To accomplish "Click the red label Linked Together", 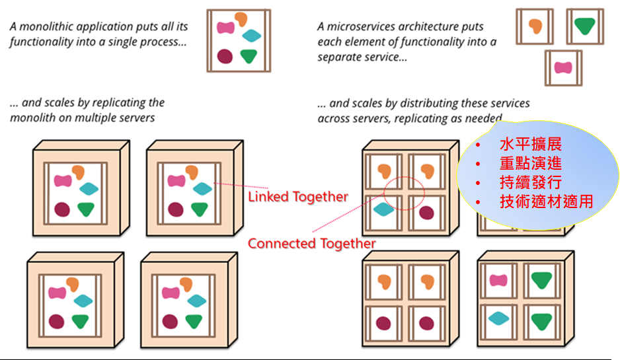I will tap(297, 196).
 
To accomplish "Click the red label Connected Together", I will tap(311, 243).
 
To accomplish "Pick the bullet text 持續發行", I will tap(531, 182).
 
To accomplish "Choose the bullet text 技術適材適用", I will tap(546, 201).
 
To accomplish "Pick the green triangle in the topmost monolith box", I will tap(249, 56).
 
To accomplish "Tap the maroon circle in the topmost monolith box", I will tap(225, 56).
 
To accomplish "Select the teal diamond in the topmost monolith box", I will tap(252, 36).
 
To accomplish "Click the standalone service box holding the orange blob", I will tap(535, 26).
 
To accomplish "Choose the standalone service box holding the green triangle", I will tap(584, 26).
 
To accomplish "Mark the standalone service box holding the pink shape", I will tap(562, 67).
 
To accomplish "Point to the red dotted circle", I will tap(404, 192).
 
